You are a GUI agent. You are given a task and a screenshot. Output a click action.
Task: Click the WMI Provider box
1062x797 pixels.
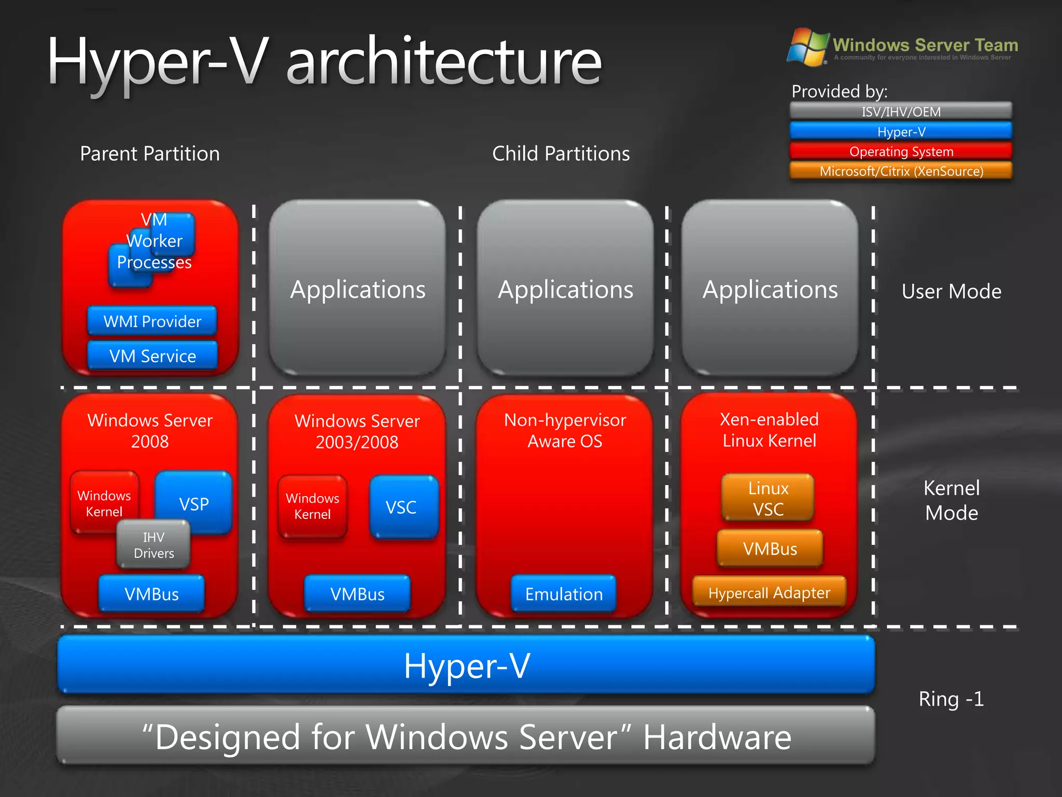(152, 321)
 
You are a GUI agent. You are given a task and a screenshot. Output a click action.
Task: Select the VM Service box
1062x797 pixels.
(152, 356)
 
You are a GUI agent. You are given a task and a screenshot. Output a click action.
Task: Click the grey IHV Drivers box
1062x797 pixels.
(153, 545)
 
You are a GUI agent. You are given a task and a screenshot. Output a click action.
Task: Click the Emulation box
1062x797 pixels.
(564, 594)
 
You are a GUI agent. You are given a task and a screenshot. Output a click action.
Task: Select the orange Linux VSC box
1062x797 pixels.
(768, 498)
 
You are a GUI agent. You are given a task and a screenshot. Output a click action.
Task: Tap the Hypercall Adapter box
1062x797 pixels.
(769, 593)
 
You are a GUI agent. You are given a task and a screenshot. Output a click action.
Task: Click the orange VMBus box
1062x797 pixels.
(770, 548)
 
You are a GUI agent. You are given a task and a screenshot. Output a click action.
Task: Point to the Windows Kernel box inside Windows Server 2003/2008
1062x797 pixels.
(312, 506)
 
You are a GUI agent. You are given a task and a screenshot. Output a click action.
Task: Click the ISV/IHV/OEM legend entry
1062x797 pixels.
(901, 111)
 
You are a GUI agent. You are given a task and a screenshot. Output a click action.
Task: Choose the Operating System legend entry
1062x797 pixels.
(901, 152)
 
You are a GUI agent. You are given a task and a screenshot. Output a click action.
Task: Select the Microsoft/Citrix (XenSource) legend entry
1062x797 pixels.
(901, 171)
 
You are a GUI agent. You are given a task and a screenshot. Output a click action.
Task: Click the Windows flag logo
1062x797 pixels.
(807, 47)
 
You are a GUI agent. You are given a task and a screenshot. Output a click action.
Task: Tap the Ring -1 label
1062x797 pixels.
(951, 699)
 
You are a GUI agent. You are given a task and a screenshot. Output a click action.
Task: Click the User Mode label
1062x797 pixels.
(951, 292)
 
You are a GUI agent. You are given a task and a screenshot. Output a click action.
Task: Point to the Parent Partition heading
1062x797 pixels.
(150, 154)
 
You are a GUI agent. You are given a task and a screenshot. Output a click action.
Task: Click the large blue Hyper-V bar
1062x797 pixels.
(466, 665)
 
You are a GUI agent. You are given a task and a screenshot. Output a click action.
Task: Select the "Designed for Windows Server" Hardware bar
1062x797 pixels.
(466, 736)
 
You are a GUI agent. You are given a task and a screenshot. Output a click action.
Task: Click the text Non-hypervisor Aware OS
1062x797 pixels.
(565, 431)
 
